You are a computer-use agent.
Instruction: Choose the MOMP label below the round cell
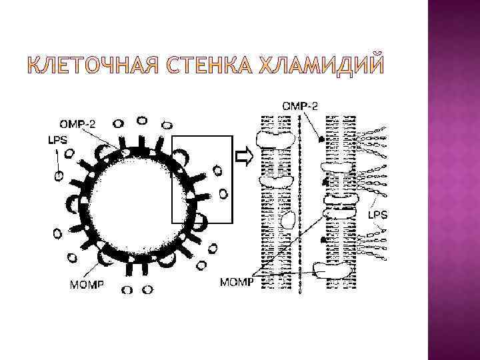[86, 285]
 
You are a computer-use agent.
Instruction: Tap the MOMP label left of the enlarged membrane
[236, 283]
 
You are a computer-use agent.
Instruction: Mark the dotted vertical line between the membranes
[300, 200]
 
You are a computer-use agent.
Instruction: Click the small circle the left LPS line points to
[60, 176]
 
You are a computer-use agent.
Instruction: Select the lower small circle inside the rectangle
[223, 194]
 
